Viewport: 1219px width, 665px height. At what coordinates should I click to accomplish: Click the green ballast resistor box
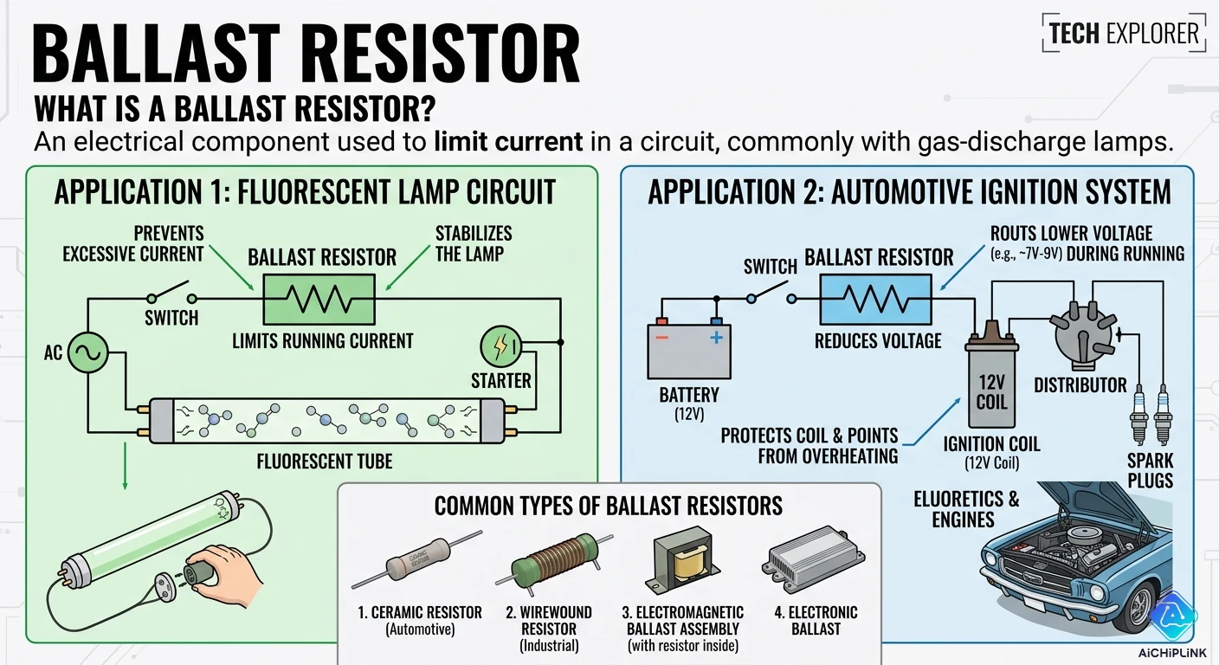coord(319,299)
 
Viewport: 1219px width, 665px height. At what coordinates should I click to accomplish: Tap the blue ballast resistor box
coord(876,299)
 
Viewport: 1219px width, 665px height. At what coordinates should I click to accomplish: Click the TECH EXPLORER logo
coord(1124,34)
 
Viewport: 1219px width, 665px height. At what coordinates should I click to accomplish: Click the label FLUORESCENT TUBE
coord(325,461)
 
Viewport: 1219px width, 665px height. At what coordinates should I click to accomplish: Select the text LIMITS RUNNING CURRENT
coord(323,341)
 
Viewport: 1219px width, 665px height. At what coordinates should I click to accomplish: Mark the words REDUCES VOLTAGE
coord(878,341)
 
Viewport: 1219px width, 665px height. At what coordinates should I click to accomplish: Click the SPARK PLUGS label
coord(1151,471)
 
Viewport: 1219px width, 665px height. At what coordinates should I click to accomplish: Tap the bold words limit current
coord(508,142)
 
